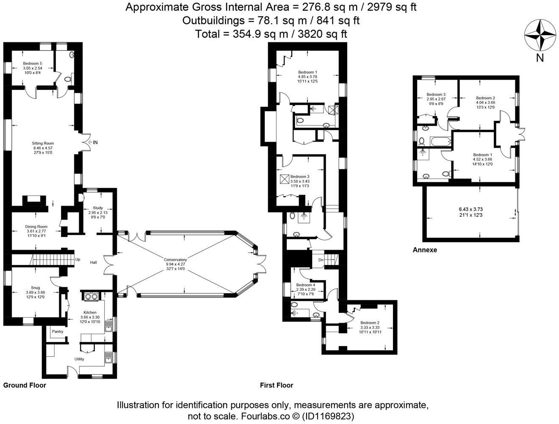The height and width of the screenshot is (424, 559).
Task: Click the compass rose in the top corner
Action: click(540, 36)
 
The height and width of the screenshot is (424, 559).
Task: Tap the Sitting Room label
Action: click(43, 143)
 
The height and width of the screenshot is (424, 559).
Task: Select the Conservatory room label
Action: click(176, 259)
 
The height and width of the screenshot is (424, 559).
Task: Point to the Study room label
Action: click(98, 208)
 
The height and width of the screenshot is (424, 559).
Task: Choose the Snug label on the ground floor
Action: click(35, 287)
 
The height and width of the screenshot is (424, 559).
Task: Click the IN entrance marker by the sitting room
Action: click(95, 143)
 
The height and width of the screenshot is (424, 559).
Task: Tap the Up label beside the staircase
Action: click(77, 259)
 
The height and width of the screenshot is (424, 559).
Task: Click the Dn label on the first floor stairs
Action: click(321, 260)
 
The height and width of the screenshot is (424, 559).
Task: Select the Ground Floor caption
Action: click(25, 385)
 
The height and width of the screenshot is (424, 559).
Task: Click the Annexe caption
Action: click(425, 250)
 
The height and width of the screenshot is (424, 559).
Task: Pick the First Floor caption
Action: click(277, 385)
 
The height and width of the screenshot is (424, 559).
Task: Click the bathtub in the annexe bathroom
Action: click(440, 142)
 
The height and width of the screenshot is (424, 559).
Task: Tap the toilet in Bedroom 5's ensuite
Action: click(67, 79)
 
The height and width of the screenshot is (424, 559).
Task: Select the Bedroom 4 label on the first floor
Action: click(305, 285)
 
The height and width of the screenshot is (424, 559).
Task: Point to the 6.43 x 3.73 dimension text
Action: click(470, 209)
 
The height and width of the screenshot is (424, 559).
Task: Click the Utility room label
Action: click(79, 359)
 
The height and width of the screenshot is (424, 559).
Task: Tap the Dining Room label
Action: click(36, 226)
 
